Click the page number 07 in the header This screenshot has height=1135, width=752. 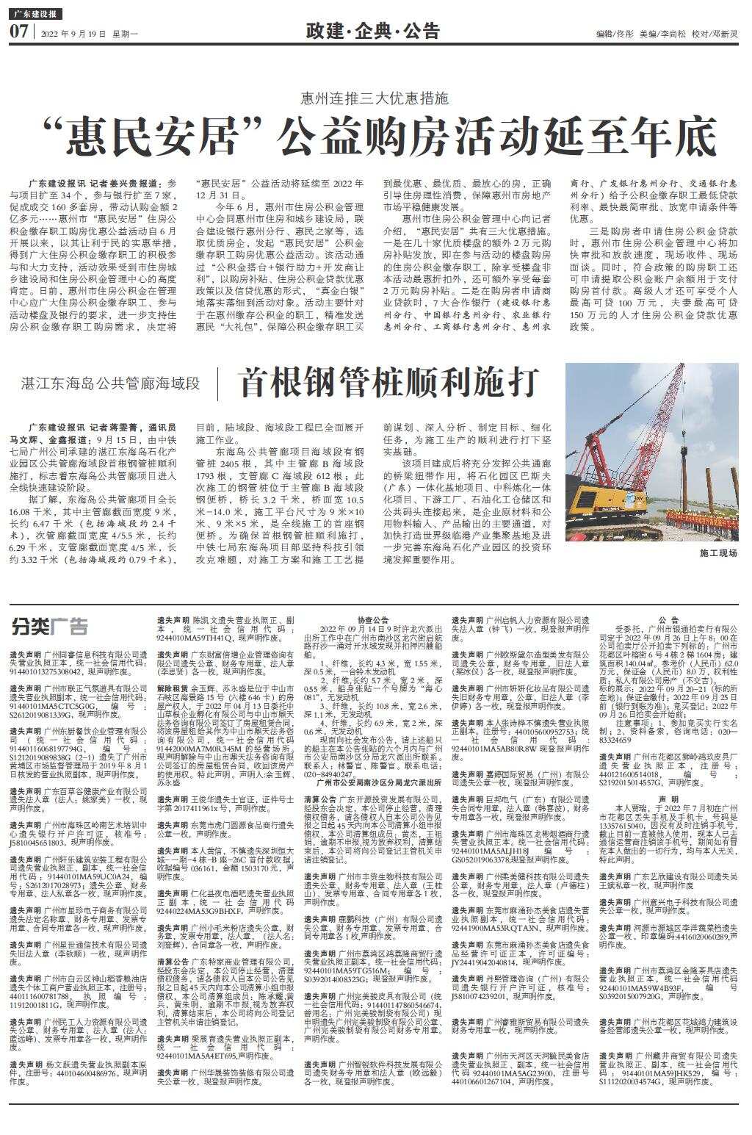(18, 32)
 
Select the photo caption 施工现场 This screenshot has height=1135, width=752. (718, 552)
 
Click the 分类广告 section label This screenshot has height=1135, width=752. (49, 627)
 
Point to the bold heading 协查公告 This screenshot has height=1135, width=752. (373, 620)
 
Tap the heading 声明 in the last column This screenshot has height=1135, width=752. (668, 799)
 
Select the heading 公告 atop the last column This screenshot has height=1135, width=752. (668, 620)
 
